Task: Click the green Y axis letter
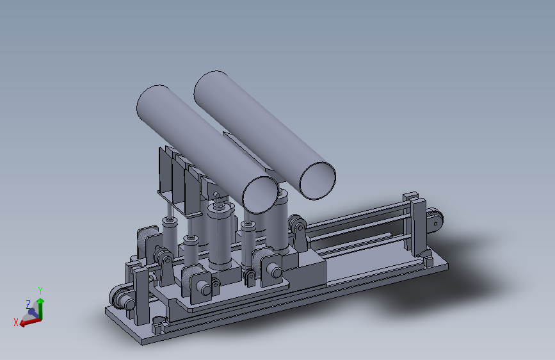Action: coord(40,291)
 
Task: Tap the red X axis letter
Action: coord(16,322)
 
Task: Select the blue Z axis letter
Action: coord(28,304)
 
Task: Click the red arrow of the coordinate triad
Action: coord(31,322)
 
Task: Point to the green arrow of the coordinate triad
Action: coord(40,309)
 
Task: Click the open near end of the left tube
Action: coord(260,195)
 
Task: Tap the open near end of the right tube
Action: coord(318,181)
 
